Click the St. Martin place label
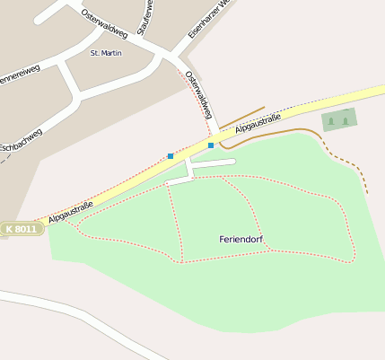(x=106, y=53)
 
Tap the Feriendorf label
(x=241, y=239)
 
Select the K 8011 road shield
(x=22, y=230)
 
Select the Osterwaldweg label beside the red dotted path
(x=198, y=94)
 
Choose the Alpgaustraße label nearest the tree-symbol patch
(x=258, y=125)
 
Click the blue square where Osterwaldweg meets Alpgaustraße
(x=211, y=145)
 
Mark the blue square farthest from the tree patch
(x=171, y=156)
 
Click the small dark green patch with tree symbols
(x=338, y=119)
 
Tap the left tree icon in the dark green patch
(x=331, y=120)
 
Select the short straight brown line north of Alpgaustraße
(x=241, y=117)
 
